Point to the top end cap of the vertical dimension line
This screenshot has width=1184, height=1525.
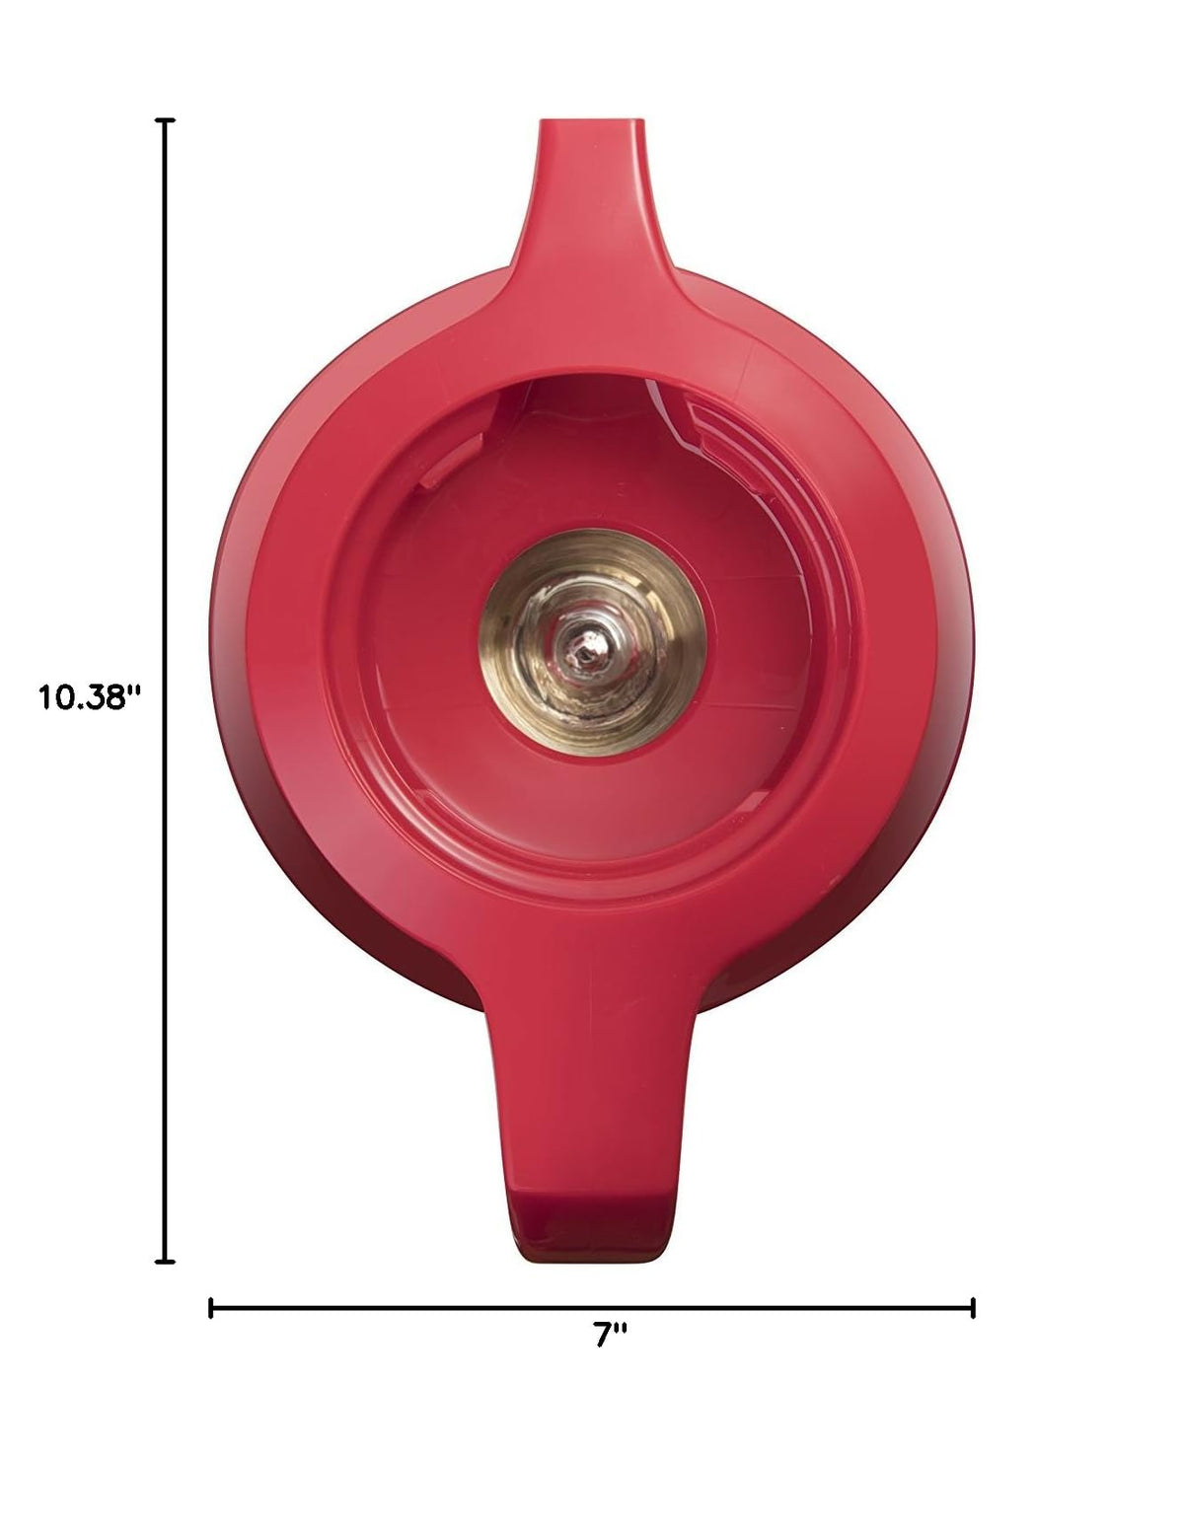(165, 120)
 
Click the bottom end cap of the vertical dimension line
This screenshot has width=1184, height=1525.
(165, 1262)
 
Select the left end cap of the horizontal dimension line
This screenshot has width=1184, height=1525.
(210, 1308)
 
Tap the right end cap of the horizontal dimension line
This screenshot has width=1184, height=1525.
(973, 1308)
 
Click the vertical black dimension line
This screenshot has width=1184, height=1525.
(165, 691)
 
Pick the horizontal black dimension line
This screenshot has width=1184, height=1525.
(592, 1308)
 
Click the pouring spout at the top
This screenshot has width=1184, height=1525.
(592, 210)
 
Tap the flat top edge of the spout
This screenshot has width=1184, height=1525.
(592, 120)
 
